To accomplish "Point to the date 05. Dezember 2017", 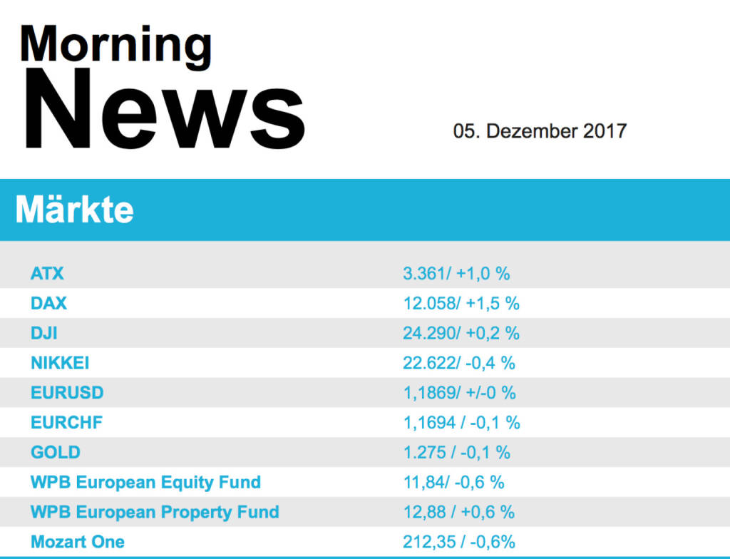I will click(540, 131).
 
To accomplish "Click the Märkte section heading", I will click(74, 210).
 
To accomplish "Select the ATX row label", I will click(47, 273).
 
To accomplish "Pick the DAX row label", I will click(48, 303).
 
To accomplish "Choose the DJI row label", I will click(44, 333).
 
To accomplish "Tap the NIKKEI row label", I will click(60, 363).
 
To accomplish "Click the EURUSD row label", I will click(67, 393).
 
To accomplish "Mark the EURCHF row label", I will click(66, 423).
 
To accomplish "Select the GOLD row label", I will click(56, 453).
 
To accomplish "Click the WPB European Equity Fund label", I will click(145, 483).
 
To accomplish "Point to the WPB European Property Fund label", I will click(155, 513).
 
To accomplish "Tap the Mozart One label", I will click(78, 543).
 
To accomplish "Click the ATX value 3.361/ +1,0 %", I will click(456, 273).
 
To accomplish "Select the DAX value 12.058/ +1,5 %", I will click(461, 303).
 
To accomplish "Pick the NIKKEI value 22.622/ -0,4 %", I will click(459, 363).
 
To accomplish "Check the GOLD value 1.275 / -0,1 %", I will click(456, 453).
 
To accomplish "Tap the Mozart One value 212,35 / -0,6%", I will click(459, 543).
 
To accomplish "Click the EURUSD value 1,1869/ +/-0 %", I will click(459, 393).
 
